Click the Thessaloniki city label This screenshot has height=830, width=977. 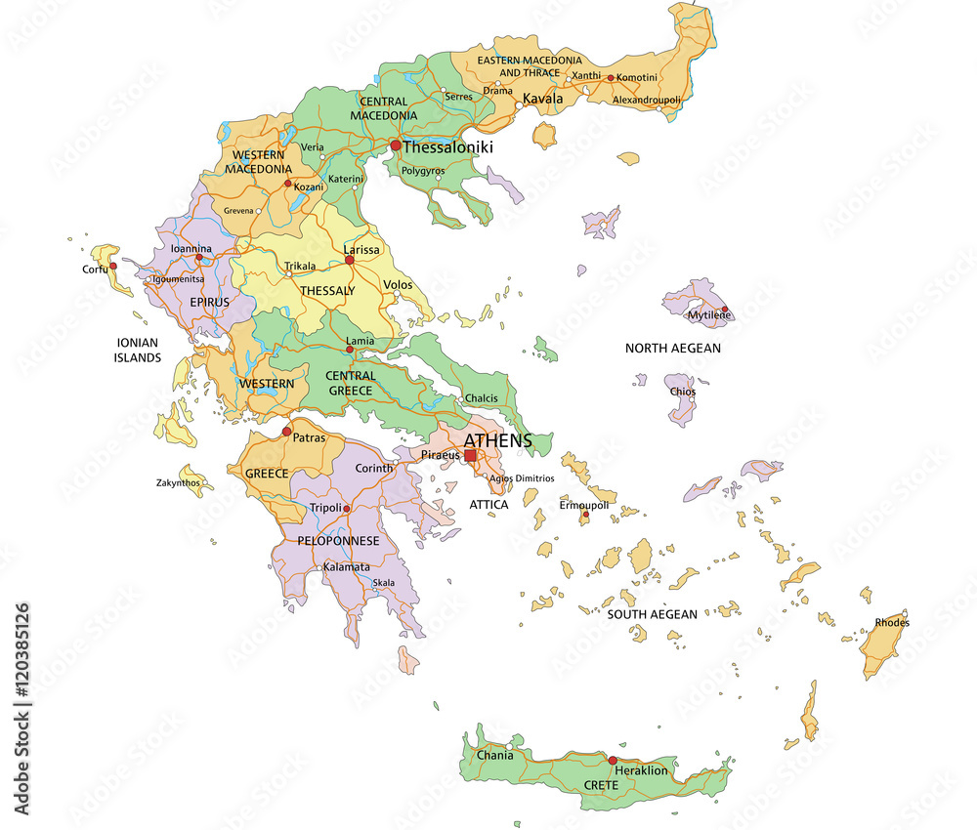[447, 147]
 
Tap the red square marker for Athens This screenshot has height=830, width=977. [470, 455]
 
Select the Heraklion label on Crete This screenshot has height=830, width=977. [642, 770]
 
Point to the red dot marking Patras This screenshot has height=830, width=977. [286, 432]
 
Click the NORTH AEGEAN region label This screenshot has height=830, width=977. [673, 348]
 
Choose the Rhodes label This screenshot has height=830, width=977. [892, 622]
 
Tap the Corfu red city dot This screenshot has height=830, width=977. [113, 266]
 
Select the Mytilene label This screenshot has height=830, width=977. [709, 316]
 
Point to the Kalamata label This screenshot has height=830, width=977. [347, 566]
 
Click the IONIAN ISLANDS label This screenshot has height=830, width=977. [138, 351]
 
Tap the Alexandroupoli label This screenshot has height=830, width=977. [646, 100]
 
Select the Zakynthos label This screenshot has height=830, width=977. [180, 482]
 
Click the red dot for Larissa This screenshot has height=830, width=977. [350, 260]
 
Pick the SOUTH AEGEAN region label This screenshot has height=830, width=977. [653, 614]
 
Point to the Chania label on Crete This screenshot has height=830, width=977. [495, 755]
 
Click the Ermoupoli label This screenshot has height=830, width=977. [583, 505]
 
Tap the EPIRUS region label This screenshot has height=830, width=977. [209, 302]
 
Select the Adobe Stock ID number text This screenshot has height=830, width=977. [22, 692]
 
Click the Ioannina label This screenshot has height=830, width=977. [191, 249]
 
